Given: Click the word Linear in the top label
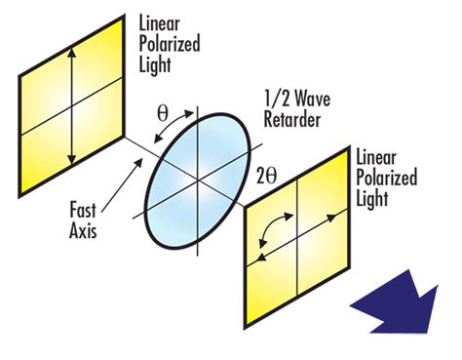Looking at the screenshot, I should coord(161,23).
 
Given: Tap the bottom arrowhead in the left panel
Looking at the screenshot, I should coord(72,163).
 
